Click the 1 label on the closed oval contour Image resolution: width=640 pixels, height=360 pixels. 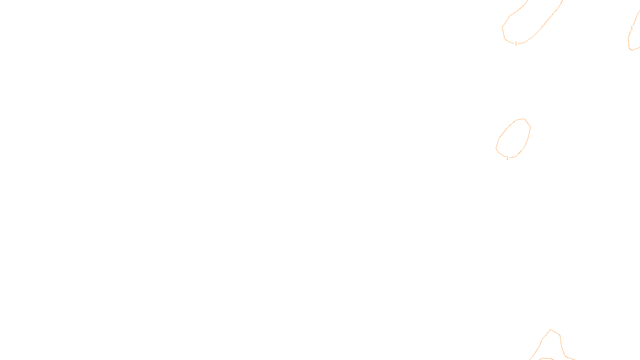tap(507, 158)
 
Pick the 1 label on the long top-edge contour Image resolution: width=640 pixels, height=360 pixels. tap(516, 44)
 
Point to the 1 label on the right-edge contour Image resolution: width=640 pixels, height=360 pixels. tap(632, 28)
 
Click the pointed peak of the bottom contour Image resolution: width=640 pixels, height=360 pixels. tap(551, 330)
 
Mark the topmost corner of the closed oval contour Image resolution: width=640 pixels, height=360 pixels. tap(524, 118)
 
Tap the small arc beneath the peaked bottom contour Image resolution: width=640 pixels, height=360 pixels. tap(546, 358)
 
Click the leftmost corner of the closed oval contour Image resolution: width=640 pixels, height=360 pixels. tap(496, 148)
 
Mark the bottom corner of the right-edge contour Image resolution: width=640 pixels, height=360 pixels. tap(631, 50)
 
